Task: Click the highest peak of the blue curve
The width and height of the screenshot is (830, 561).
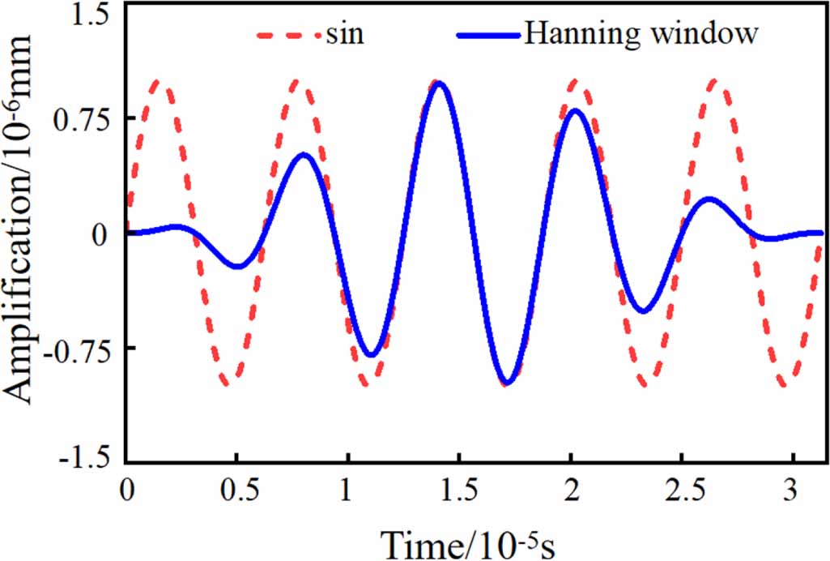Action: coord(439,83)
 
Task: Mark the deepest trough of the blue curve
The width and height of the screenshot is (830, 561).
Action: coord(507,383)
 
